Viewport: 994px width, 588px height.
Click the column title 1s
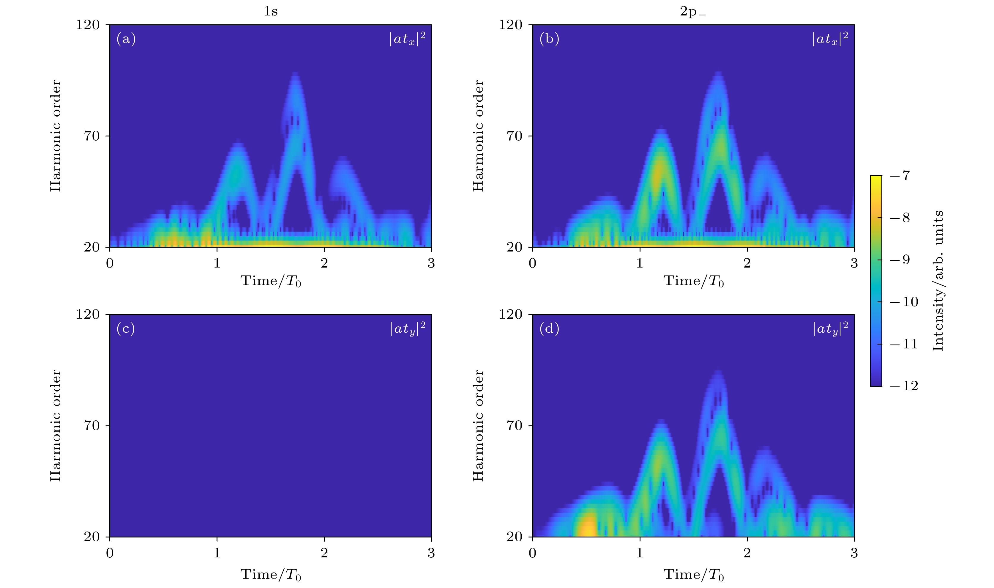click(x=271, y=12)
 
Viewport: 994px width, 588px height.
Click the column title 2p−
click(x=693, y=12)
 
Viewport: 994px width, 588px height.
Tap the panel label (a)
click(x=126, y=39)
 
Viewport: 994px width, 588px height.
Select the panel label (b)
click(x=549, y=39)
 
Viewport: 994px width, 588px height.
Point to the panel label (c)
click(x=125, y=329)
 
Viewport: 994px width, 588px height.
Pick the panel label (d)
click(x=549, y=329)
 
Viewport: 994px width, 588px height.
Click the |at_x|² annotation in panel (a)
click(x=407, y=39)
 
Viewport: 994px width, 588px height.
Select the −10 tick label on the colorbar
click(x=904, y=302)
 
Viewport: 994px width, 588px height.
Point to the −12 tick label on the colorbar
click(x=904, y=386)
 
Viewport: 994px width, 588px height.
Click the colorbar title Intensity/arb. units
click(x=937, y=281)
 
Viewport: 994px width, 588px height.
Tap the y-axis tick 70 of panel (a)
click(x=91, y=136)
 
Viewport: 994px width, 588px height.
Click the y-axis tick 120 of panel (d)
click(x=510, y=314)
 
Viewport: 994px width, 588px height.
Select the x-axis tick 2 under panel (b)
click(x=747, y=263)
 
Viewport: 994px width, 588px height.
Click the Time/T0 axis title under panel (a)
click(x=271, y=281)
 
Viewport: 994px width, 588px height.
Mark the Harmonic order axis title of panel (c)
click(x=56, y=426)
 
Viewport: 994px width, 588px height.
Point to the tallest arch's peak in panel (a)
click(x=294, y=75)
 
